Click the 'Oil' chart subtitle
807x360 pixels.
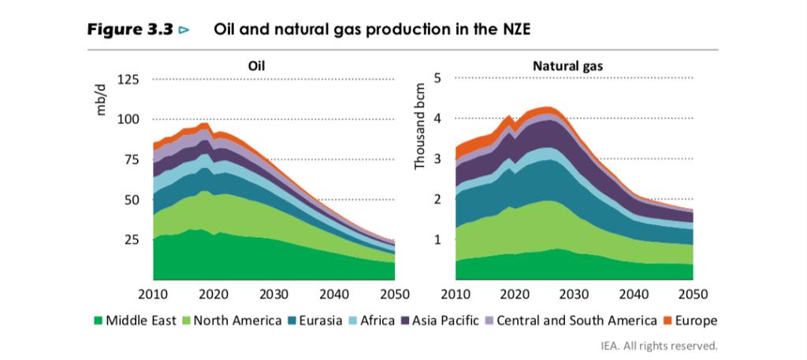click(257, 66)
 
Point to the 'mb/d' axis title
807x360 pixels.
click(101, 101)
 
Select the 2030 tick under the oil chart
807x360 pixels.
click(273, 294)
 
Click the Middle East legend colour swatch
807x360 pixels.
click(99, 321)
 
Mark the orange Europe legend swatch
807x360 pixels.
click(671, 321)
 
